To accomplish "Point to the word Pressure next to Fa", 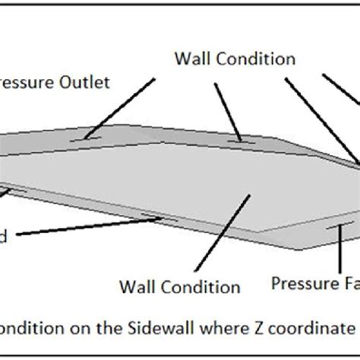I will point(298,283).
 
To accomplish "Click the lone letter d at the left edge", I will point(4,237).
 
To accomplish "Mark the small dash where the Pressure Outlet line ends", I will point(85,138).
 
